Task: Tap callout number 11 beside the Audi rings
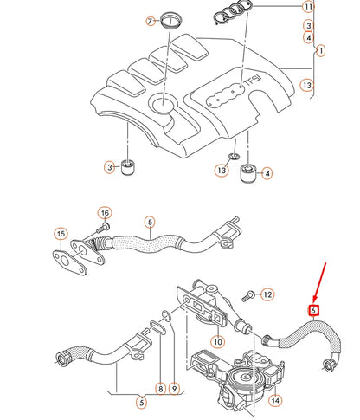point(308,7)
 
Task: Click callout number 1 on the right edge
point(319,51)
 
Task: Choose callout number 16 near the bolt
point(104,212)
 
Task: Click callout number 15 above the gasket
point(61,235)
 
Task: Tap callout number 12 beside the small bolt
point(267,295)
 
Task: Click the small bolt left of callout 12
point(247,295)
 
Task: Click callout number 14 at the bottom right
point(275,401)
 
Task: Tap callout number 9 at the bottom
point(174,390)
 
